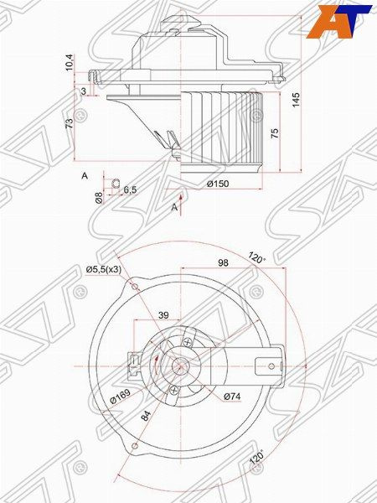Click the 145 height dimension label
click(x=296, y=100)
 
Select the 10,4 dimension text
click(x=70, y=63)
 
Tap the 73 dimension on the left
click(x=70, y=122)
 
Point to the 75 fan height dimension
click(x=275, y=133)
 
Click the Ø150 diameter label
click(x=218, y=184)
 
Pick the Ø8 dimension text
click(x=99, y=197)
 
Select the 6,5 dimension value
click(x=130, y=189)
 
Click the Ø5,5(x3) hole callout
click(x=104, y=270)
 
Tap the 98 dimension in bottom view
click(x=223, y=262)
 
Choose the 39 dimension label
click(x=163, y=315)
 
